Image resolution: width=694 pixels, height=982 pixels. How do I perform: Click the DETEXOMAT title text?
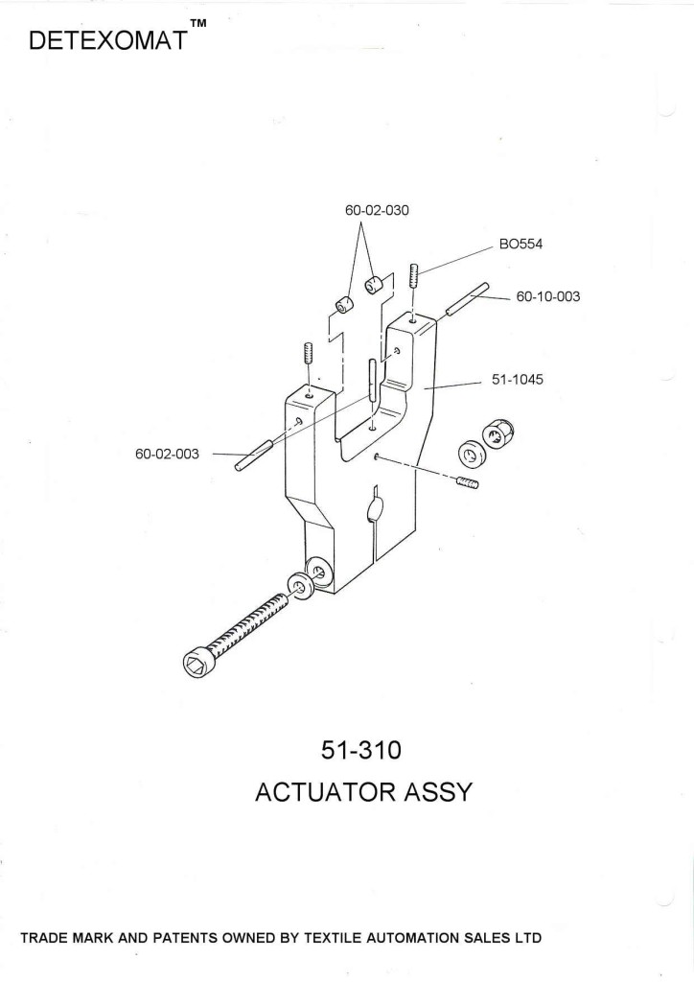click(x=107, y=42)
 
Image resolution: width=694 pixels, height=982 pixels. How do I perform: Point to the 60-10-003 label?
click(x=548, y=297)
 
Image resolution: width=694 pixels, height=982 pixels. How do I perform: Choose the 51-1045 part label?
click(x=518, y=380)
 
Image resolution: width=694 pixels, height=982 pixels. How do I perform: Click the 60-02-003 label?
click(x=167, y=454)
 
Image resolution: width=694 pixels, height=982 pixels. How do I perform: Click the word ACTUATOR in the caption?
click(x=321, y=793)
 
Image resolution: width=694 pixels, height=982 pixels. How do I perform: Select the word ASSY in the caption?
click(x=434, y=793)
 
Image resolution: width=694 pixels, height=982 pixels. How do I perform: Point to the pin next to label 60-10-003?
click(x=467, y=299)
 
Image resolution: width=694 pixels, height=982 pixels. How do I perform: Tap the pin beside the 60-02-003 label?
click(x=254, y=454)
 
